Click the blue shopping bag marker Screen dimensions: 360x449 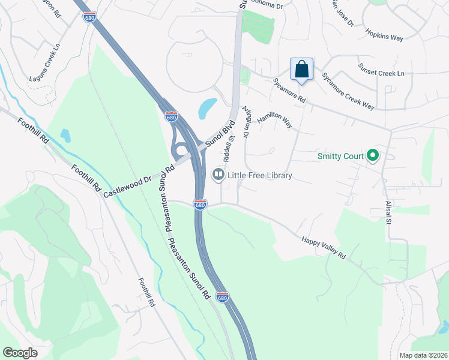[x=301, y=69]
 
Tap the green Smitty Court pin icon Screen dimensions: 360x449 [x=372, y=157]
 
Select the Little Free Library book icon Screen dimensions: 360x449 [x=218, y=175]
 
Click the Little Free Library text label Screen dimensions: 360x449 [x=259, y=176]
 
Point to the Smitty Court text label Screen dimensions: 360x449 [x=341, y=157]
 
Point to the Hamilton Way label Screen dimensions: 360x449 [x=274, y=121]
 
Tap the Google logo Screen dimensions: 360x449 [x=20, y=352]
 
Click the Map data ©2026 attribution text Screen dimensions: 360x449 [x=423, y=355]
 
